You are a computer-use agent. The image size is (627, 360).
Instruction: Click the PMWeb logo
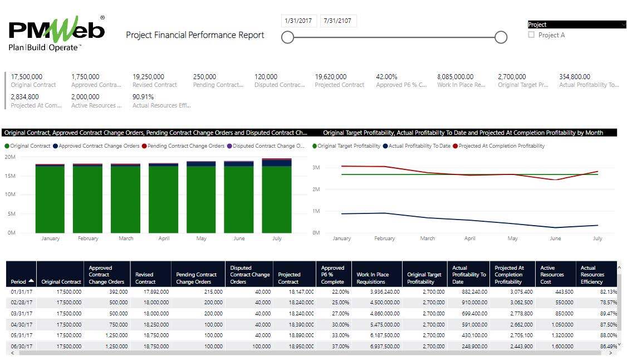[x=56, y=33]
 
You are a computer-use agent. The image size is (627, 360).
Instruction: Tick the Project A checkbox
[x=531, y=35]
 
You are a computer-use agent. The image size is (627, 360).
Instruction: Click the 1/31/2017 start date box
[x=298, y=21]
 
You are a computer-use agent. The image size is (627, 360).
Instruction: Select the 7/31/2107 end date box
[x=338, y=21]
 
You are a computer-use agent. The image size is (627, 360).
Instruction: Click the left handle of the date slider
[x=287, y=37]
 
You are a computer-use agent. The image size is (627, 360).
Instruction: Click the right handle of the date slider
[x=501, y=37]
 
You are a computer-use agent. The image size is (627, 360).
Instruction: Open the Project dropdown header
[x=576, y=25]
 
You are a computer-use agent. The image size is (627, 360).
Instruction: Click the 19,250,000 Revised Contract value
[x=148, y=77]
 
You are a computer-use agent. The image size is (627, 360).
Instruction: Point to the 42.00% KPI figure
[x=386, y=77]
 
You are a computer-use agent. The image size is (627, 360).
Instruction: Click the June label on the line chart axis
[x=555, y=239]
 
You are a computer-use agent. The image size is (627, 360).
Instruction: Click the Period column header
[x=21, y=282]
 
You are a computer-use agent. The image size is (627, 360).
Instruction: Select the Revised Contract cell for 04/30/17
[x=152, y=324]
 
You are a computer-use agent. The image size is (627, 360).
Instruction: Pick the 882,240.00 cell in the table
[x=470, y=291]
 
